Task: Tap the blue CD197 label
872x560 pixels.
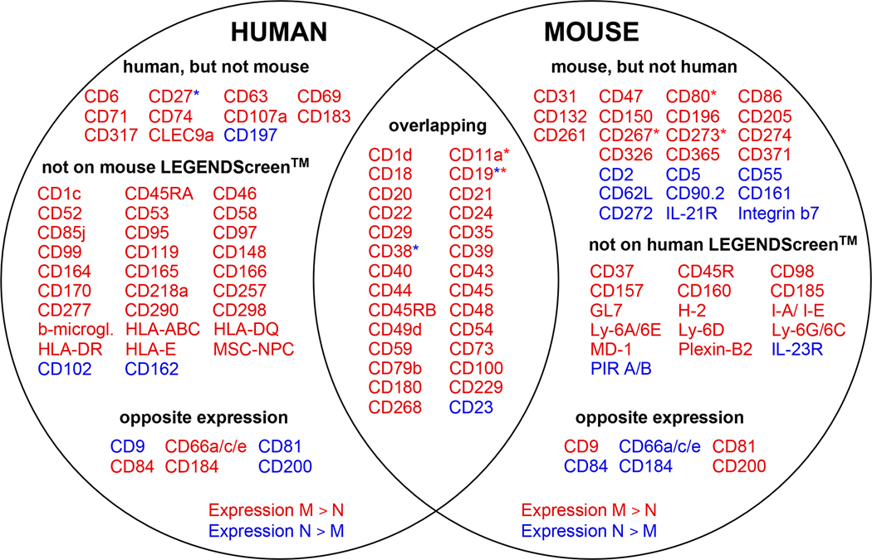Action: [252, 135]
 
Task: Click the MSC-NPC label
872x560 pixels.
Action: [253, 348]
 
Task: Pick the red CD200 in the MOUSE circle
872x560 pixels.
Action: [738, 466]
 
